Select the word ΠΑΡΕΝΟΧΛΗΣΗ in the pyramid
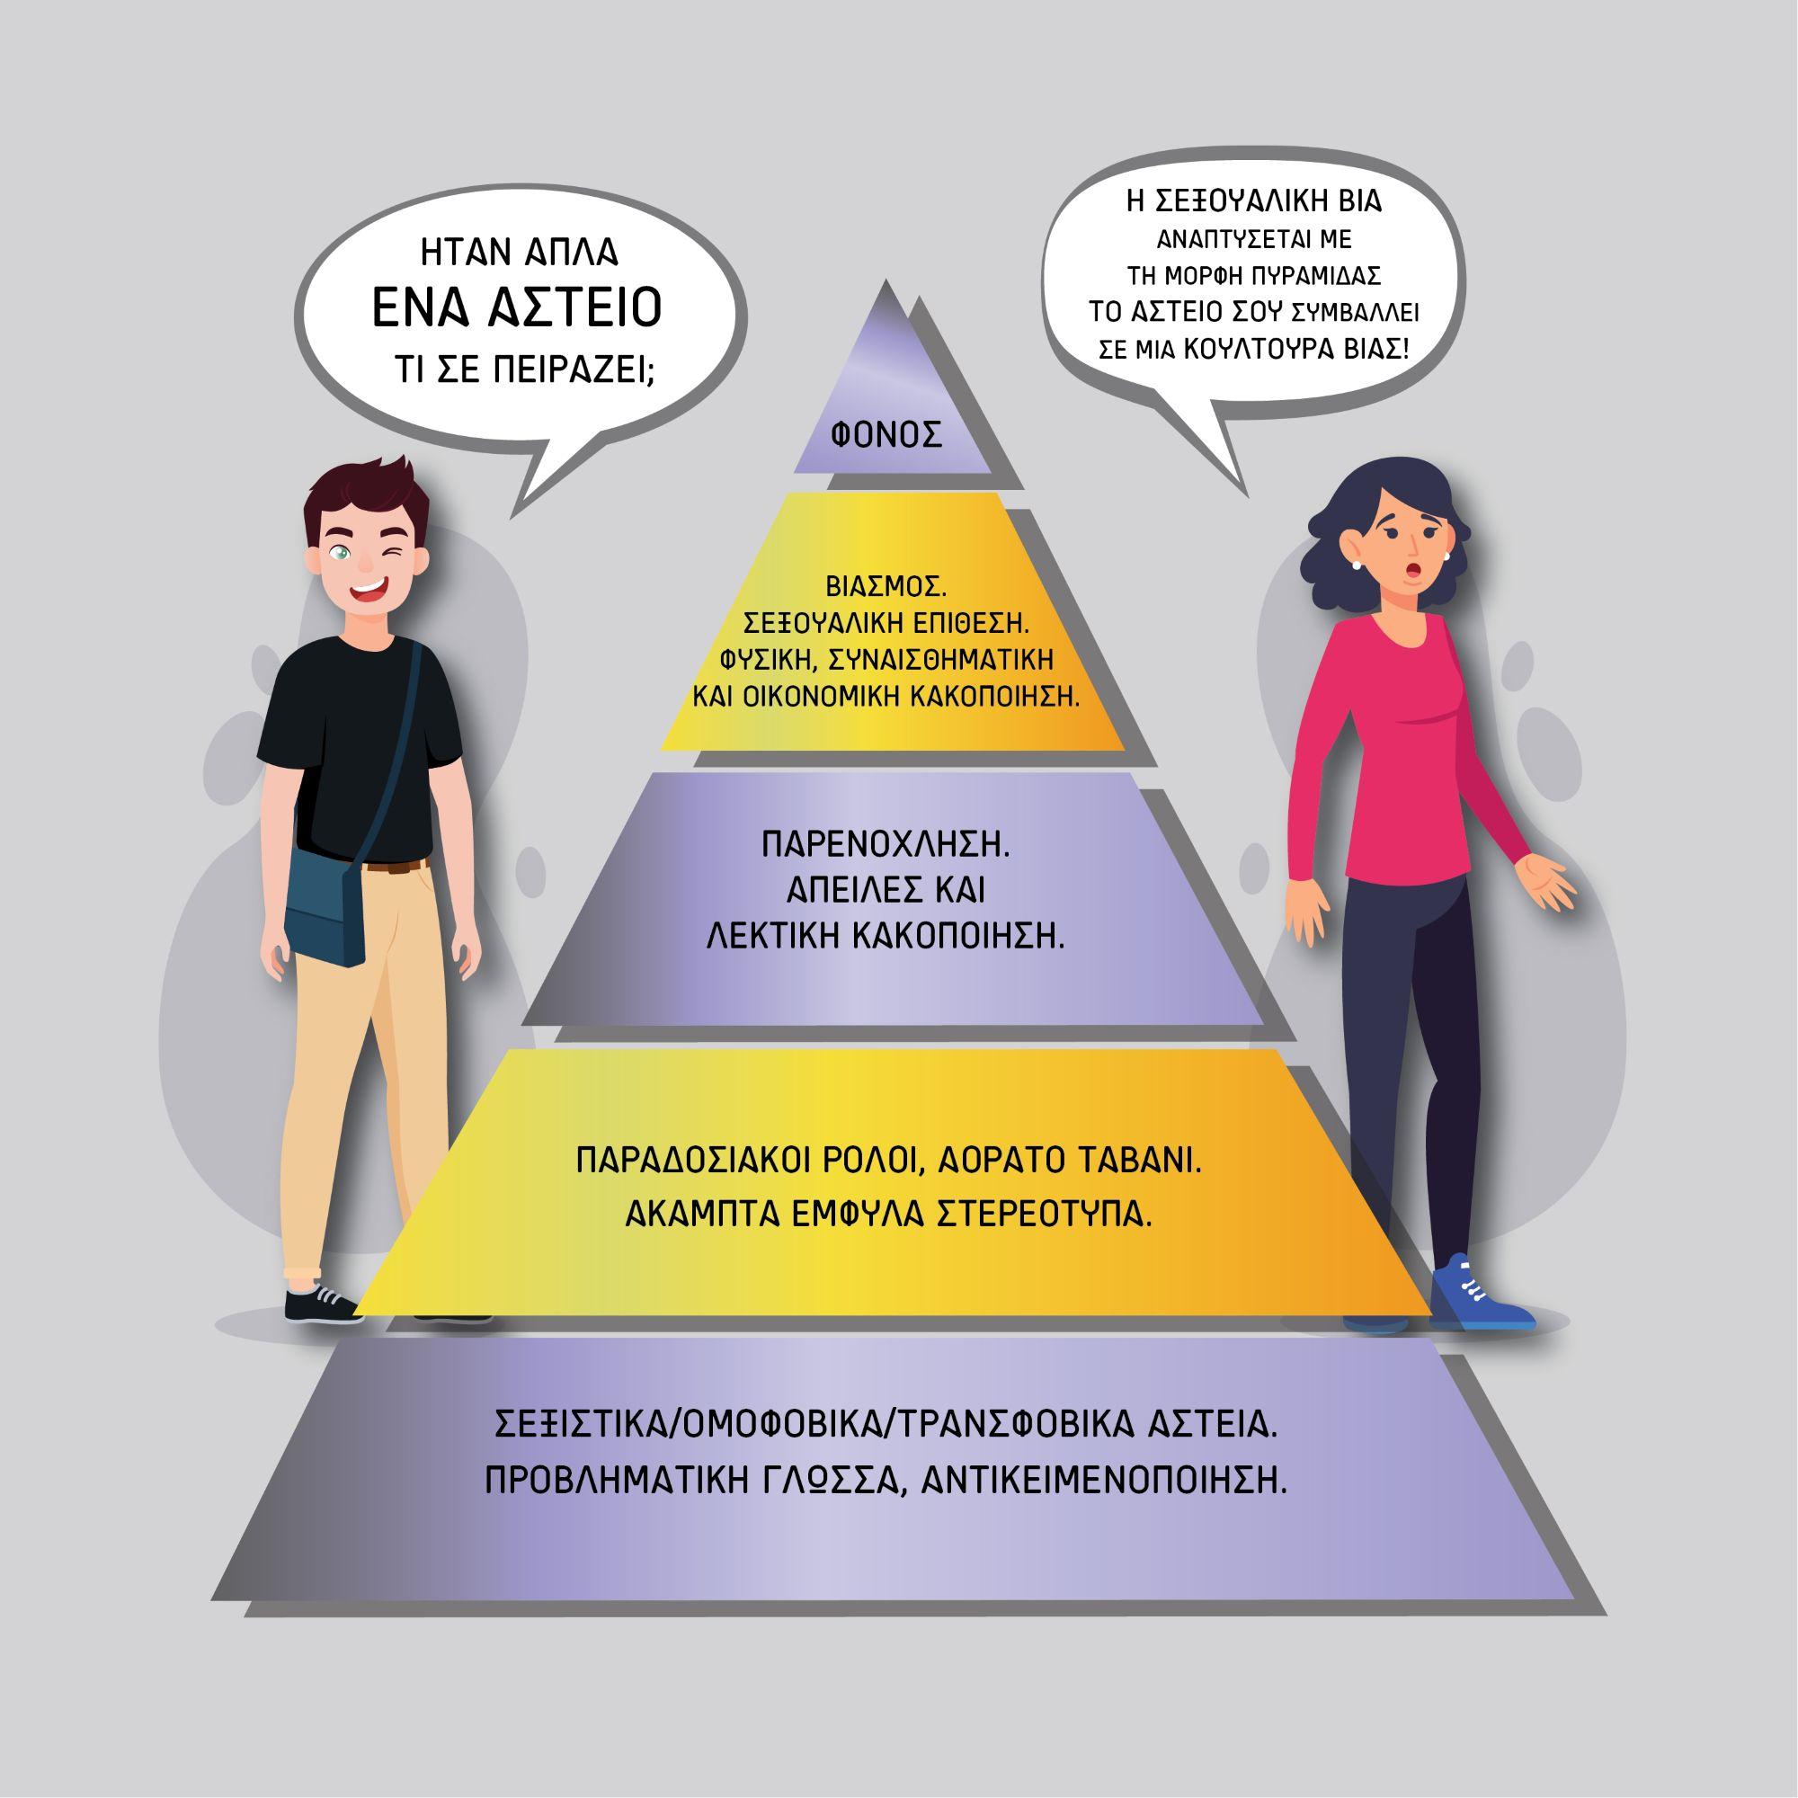pos(885,848)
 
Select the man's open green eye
pos(343,556)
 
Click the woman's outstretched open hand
pos(1545,882)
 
